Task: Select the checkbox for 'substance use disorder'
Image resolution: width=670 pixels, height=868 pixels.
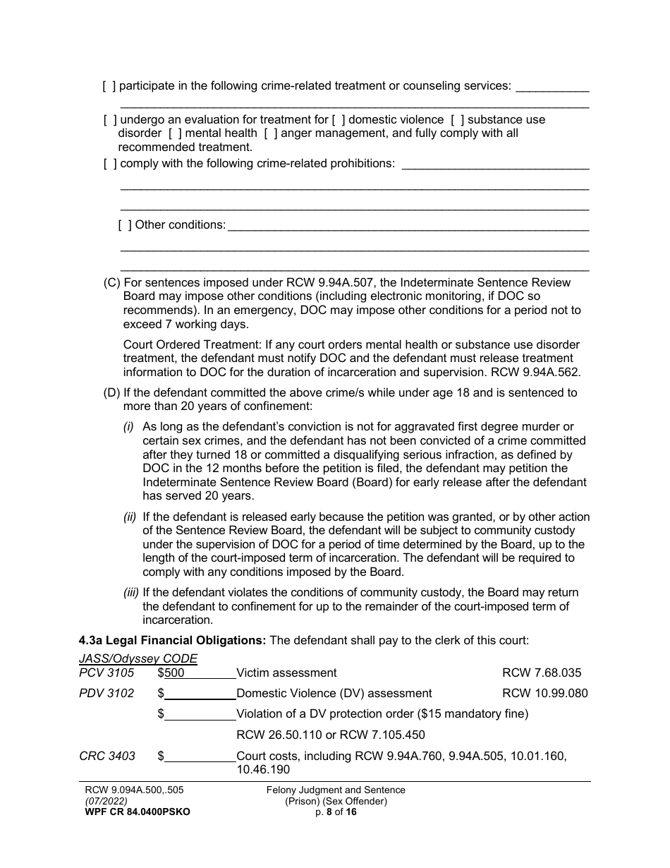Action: point(457,120)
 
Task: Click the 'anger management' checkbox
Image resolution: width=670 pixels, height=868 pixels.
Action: point(270,133)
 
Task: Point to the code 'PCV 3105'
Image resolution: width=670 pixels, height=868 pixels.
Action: point(106,673)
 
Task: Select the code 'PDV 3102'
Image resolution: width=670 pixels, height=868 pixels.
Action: point(106,694)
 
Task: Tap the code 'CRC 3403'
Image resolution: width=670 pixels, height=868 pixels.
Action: point(106,757)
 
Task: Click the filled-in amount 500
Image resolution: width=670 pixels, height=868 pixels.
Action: point(174,673)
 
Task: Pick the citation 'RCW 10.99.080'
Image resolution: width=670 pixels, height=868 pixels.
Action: point(544,694)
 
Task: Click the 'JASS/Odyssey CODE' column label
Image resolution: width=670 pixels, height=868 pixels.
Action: point(138,659)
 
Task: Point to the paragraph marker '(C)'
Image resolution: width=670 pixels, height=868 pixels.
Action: point(112,283)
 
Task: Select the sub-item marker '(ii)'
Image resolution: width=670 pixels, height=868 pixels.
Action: point(130,517)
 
